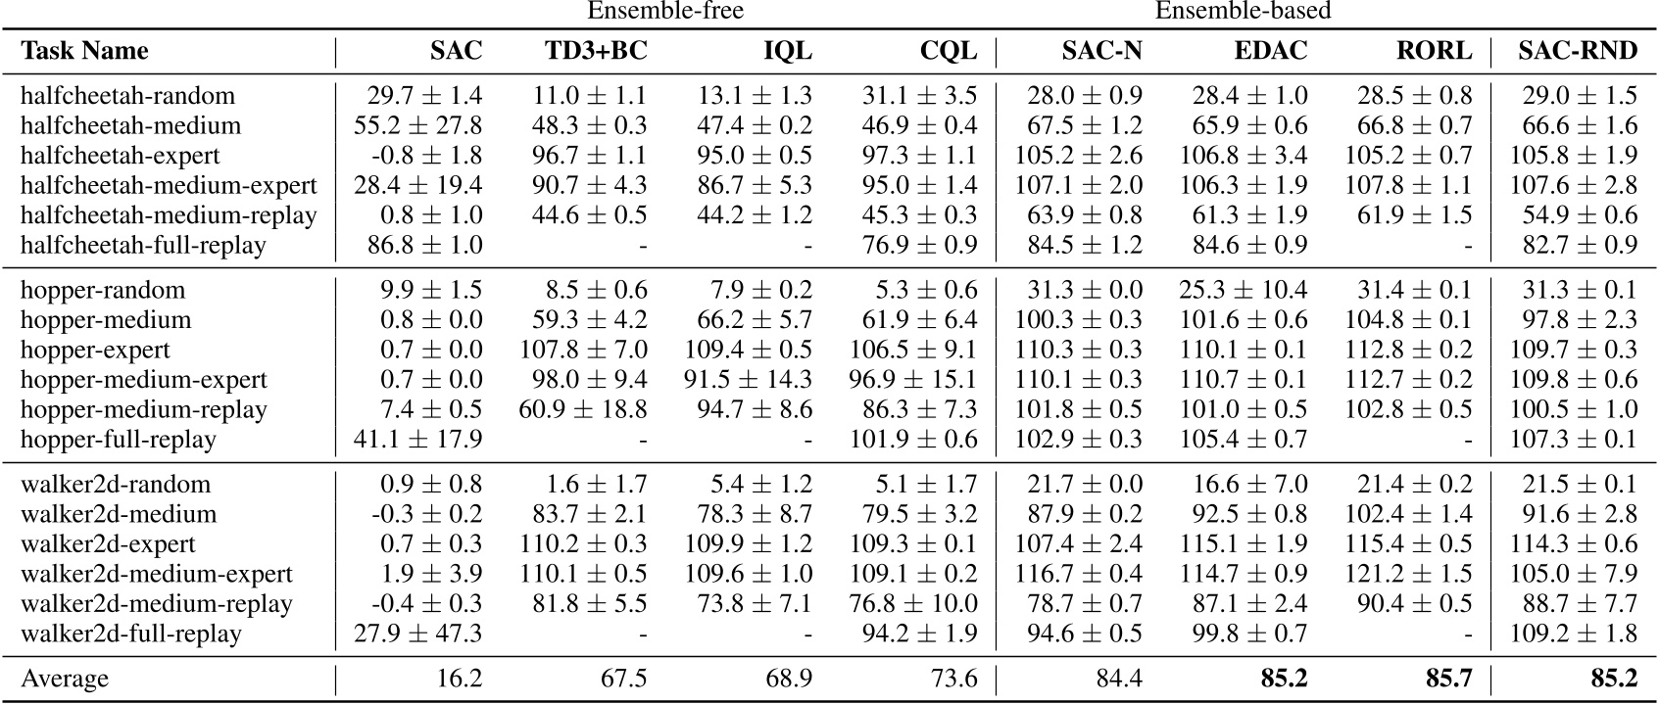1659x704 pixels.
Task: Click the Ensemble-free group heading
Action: [664, 12]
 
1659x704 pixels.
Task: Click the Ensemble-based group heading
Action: [1242, 12]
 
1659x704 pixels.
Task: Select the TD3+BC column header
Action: [596, 51]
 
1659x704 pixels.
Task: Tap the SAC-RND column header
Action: [1577, 51]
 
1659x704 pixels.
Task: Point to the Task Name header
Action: [85, 51]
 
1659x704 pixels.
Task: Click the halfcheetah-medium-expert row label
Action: [169, 185]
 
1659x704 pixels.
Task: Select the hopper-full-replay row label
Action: [118, 440]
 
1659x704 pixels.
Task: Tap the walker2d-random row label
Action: [115, 485]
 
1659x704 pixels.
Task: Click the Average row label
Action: [65, 679]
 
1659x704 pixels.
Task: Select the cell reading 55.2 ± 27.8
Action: [417, 125]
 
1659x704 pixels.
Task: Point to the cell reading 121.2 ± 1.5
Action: [1414, 574]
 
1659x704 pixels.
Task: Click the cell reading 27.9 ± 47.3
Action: [417, 634]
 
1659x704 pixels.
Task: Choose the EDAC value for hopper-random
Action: [1243, 291]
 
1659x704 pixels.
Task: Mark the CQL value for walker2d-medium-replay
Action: [914, 604]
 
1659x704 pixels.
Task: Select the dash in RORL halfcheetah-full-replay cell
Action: [1468, 247]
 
